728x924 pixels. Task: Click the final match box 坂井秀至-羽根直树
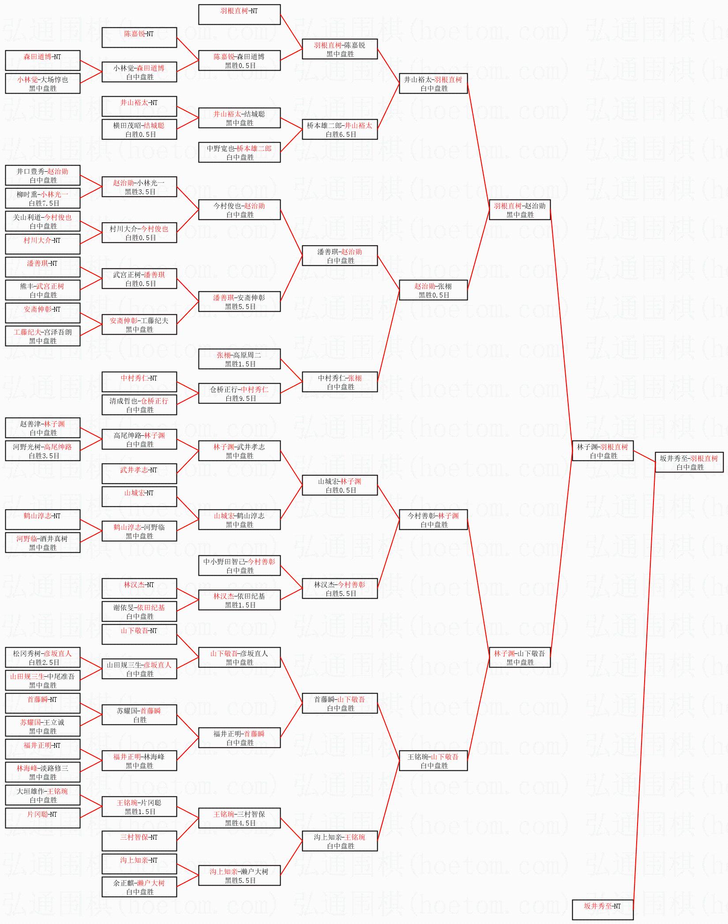pos(689,463)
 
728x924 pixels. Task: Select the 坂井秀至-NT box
pos(602,909)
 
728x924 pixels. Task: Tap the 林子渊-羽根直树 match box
pos(602,451)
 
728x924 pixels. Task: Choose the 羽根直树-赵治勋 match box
pos(520,210)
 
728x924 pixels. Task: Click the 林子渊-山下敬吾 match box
pos(520,658)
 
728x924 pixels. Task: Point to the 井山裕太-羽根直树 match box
pos(433,84)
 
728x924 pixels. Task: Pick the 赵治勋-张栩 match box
pos(433,290)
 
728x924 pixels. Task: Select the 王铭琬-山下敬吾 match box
pos(433,761)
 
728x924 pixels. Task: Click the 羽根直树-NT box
pos(239,15)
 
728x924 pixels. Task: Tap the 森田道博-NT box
pos(42,61)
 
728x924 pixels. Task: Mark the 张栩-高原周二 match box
pos(239,359)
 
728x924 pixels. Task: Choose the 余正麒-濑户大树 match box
pos(139,887)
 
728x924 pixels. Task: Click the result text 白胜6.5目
pos(341,135)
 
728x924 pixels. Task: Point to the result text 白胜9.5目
pos(240,399)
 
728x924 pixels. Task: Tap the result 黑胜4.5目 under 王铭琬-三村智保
pos(240,823)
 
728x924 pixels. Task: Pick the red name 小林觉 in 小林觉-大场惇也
pos(27,80)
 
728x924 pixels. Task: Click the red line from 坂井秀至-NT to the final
pos(644,689)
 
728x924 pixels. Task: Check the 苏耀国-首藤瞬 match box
pos(139,715)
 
